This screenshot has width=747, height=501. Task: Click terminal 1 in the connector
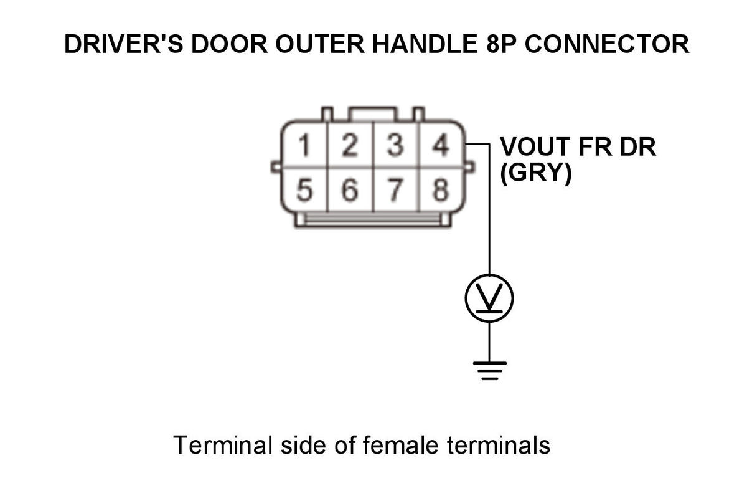click(x=304, y=146)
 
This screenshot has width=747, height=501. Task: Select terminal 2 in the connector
click(x=350, y=146)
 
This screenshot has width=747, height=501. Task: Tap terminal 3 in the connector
click(x=395, y=146)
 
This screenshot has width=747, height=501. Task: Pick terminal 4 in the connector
click(x=441, y=146)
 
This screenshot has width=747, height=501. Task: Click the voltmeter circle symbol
click(x=489, y=298)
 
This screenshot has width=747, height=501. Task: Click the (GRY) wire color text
click(x=536, y=174)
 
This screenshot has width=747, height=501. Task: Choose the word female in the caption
click(x=400, y=445)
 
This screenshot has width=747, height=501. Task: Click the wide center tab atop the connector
click(x=372, y=114)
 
